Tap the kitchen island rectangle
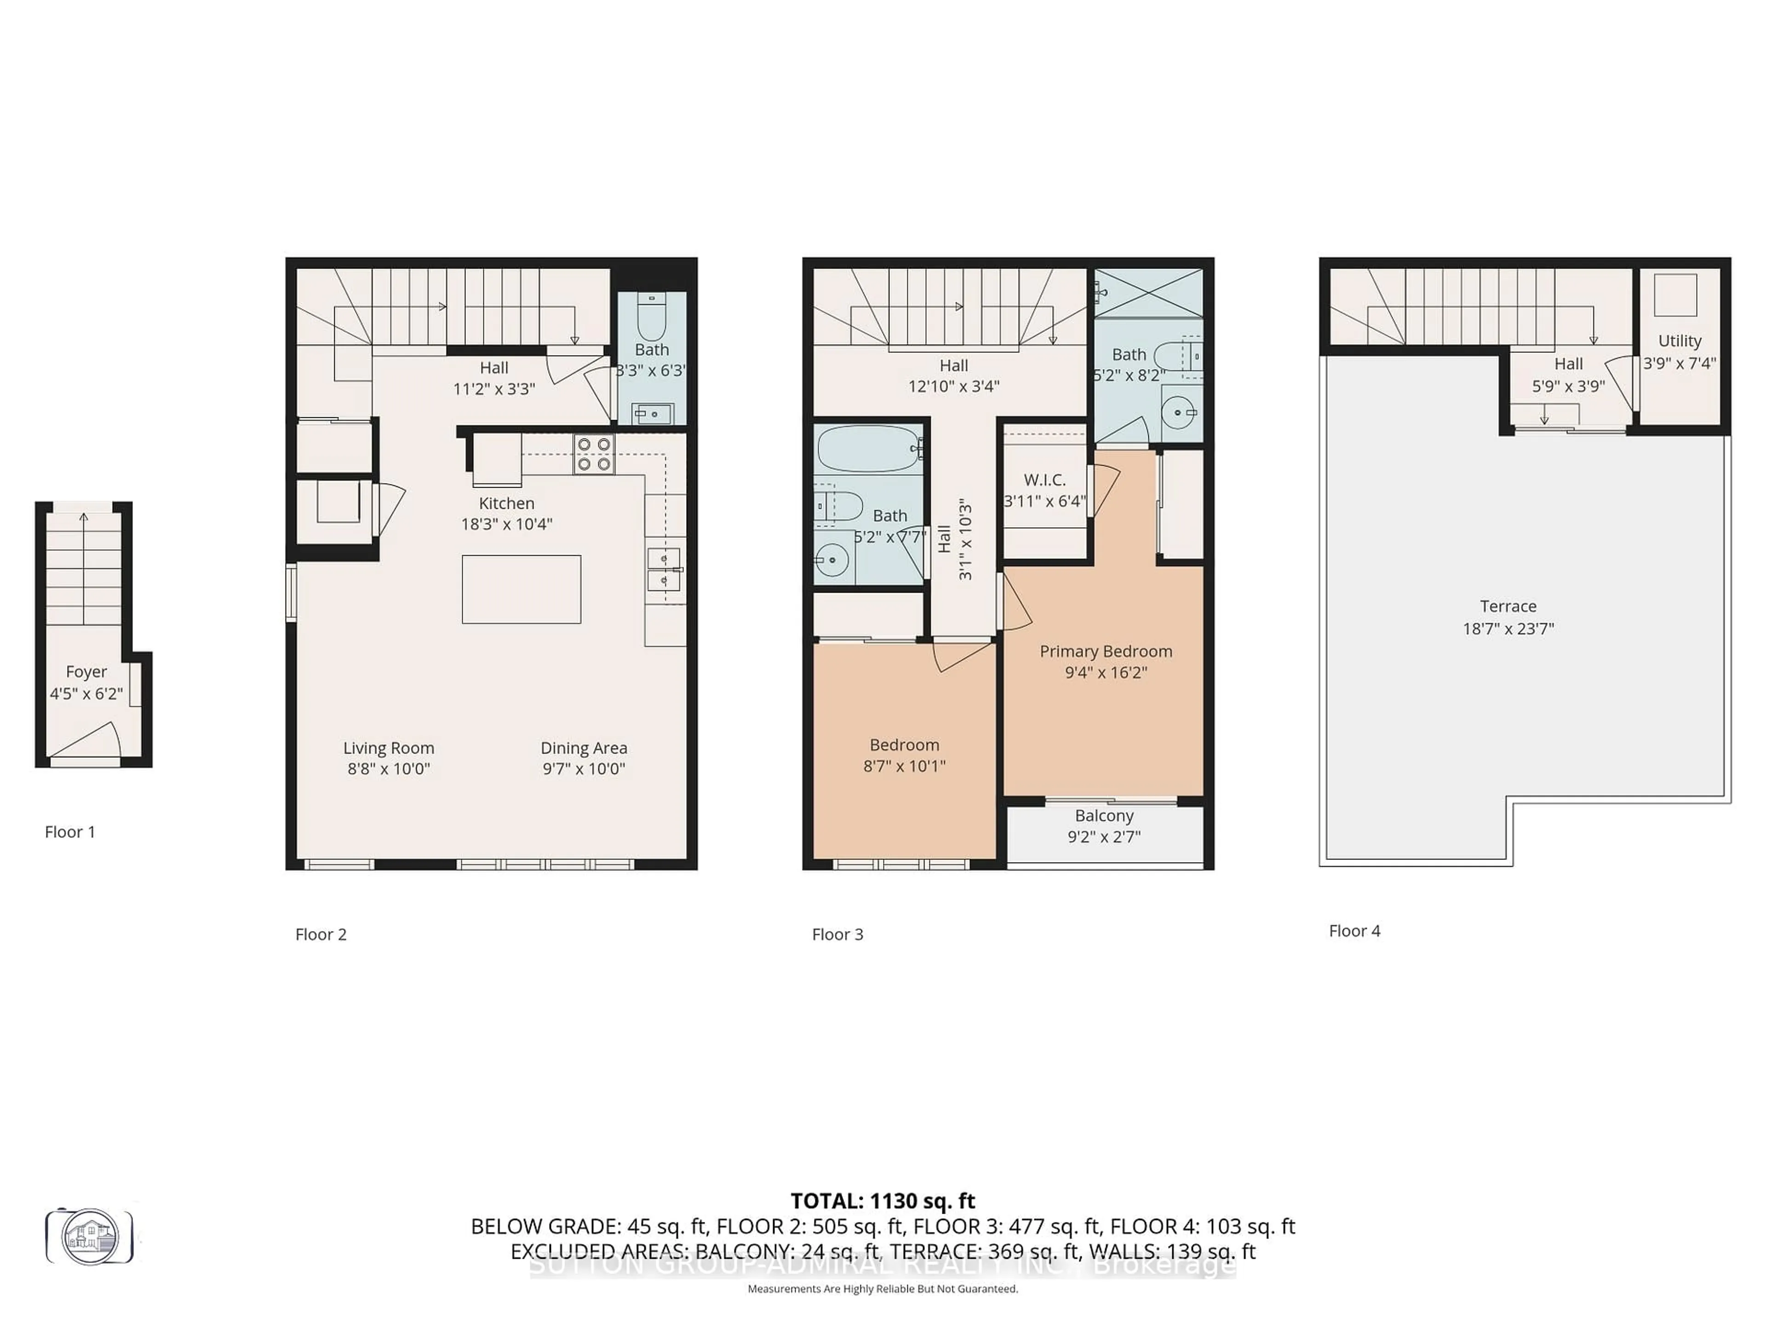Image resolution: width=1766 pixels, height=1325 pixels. point(522,589)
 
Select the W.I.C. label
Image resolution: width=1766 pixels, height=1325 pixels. point(1044,480)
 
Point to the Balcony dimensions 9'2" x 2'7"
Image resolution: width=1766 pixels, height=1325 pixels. point(1104,837)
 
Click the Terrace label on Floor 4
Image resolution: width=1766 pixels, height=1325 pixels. point(1508,606)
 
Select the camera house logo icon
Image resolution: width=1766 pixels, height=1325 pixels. point(89,1236)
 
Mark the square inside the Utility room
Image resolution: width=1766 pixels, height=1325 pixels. point(1675,295)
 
